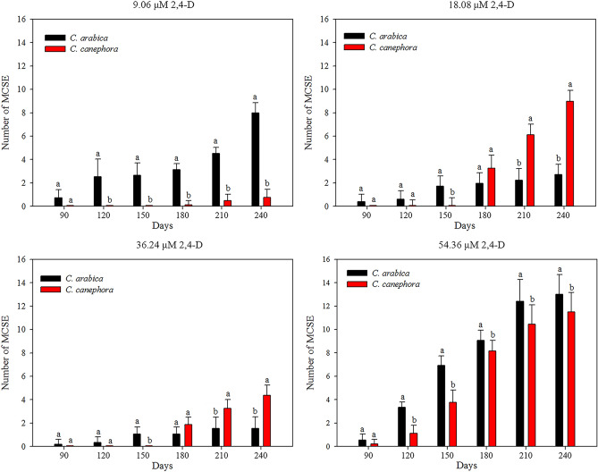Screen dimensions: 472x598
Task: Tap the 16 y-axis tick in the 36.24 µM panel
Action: pyautogui.click(x=20, y=260)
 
